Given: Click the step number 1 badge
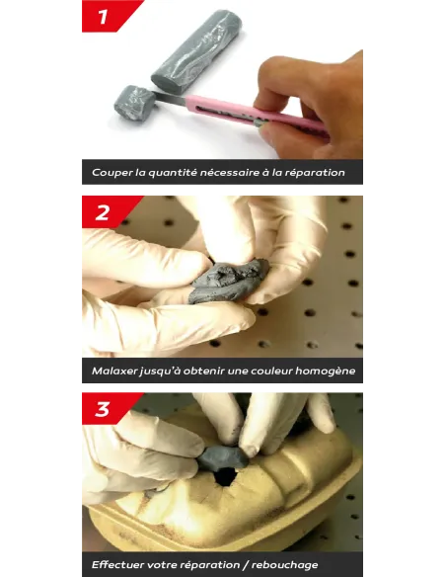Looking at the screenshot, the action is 107,16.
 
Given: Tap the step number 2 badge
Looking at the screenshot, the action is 107,211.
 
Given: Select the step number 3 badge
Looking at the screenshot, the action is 107,408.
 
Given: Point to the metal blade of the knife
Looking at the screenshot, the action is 170,98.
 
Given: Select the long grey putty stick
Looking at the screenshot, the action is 197,49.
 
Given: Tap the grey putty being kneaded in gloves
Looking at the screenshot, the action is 229,281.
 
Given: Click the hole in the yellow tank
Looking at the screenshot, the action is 224,477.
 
